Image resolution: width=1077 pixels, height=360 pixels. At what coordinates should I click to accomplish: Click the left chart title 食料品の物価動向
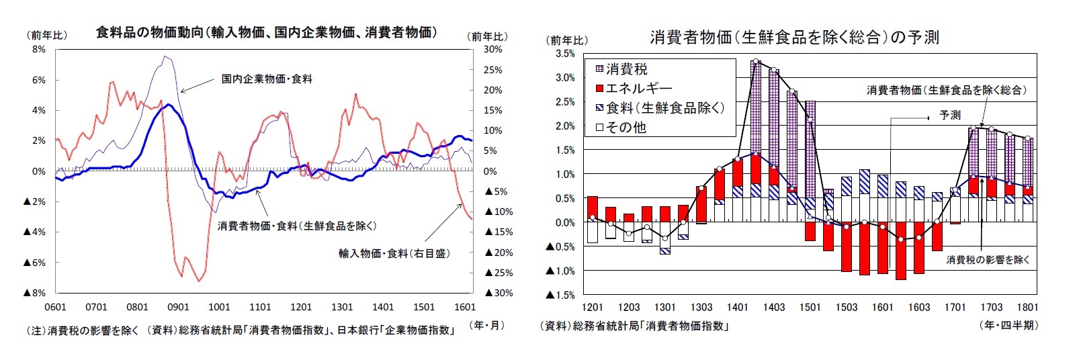pos(266,32)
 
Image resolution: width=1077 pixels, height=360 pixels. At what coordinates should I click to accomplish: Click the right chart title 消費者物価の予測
pos(794,38)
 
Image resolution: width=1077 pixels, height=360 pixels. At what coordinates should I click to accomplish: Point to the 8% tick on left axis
pos(38,49)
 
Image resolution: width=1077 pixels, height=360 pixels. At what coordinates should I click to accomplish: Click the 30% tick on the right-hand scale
pos(492,49)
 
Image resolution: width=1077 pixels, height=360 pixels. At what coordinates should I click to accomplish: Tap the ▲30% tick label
pos(499,293)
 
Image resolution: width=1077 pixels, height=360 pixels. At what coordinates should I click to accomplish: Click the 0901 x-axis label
pos(178,307)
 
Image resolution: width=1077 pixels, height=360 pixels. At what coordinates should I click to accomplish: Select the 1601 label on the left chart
pos(465,307)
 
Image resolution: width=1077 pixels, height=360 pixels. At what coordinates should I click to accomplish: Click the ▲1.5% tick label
pos(561,295)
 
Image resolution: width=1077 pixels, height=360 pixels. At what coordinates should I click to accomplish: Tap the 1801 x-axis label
pos(1027,307)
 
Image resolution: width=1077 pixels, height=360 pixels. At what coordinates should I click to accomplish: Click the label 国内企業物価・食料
pos(267,79)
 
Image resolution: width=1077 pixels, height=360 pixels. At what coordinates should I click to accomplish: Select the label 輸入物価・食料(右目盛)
pos(394,253)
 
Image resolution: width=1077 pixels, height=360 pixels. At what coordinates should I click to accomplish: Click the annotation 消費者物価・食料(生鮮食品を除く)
pos(297,226)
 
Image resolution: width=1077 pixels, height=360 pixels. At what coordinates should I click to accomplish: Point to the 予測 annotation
pos(949,116)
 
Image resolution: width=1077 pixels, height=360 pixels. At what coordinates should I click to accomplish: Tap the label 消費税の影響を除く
pos(988,260)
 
